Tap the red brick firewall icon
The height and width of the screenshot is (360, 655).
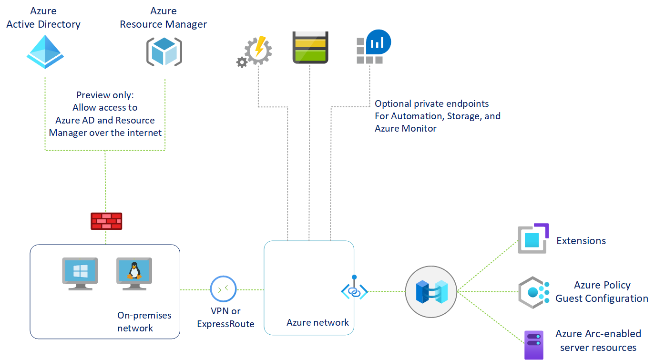click(x=106, y=221)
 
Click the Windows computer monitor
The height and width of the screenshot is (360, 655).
click(x=80, y=273)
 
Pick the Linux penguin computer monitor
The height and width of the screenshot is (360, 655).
click(x=134, y=273)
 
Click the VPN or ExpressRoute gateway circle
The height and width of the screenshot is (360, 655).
click(x=223, y=289)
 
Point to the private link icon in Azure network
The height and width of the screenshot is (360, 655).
click(x=354, y=290)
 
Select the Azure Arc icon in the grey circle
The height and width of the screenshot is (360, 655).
click(x=431, y=291)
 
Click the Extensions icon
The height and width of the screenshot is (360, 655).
click(x=533, y=238)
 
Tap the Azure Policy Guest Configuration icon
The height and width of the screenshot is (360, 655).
click(x=533, y=292)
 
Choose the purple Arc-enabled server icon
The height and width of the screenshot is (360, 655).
click(x=533, y=344)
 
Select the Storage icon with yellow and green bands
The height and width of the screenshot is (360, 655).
click(x=310, y=48)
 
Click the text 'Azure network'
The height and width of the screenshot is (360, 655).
click(x=317, y=323)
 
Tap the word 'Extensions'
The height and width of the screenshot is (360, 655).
click(x=581, y=241)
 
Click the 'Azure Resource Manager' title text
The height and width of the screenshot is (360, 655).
click(x=164, y=18)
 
